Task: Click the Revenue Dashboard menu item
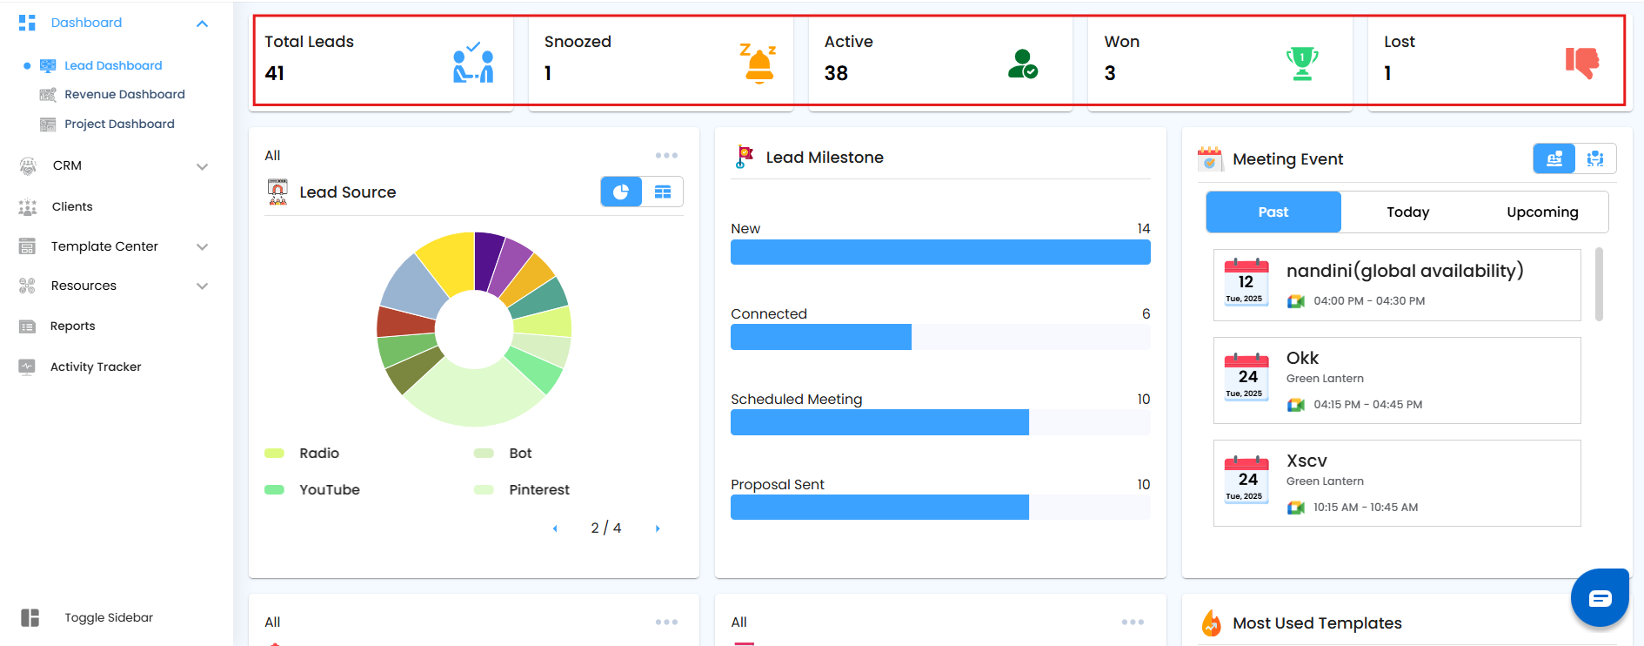(124, 94)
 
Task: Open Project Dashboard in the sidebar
(119, 124)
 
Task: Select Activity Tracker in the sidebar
(95, 367)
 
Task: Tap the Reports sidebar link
(72, 326)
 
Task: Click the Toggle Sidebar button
(108, 617)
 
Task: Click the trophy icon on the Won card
(1301, 64)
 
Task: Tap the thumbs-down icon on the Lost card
(1581, 63)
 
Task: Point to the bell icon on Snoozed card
(759, 64)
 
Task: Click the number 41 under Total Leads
(275, 73)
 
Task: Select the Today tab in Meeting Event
(1407, 212)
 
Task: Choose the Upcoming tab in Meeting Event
(1541, 212)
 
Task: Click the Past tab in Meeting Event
(1273, 212)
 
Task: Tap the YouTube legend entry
(329, 489)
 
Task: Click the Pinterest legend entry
(538, 489)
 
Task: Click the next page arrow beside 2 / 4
(658, 528)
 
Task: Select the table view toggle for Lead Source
(663, 192)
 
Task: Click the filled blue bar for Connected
(820, 337)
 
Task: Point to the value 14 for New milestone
(1143, 228)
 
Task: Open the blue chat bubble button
(1599, 597)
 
